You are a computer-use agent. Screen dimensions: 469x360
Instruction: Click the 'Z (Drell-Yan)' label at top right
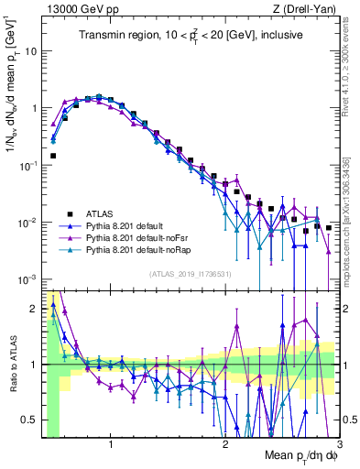[309, 8]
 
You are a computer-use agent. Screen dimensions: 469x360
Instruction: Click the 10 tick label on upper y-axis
[30, 50]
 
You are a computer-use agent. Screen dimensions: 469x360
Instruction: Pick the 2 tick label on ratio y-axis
[33, 309]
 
